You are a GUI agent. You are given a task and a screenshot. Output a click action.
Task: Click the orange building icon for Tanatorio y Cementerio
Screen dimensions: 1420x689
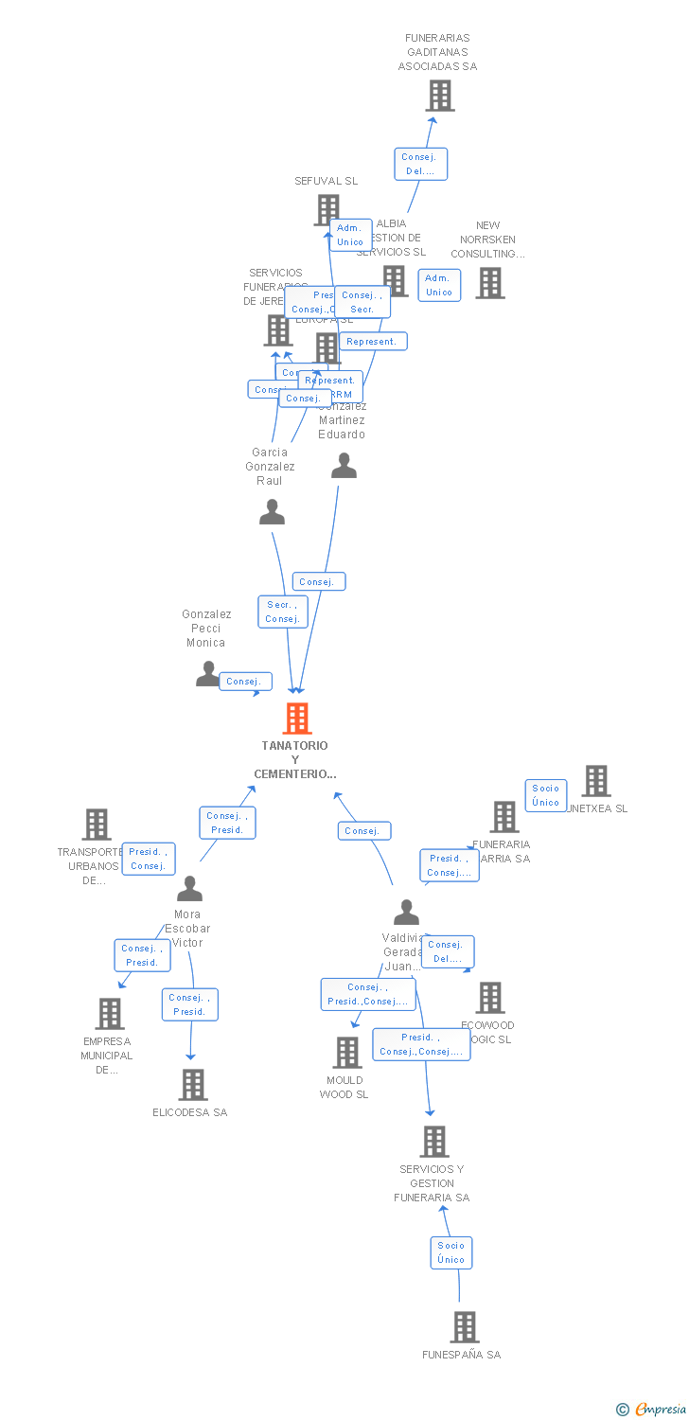coord(297,719)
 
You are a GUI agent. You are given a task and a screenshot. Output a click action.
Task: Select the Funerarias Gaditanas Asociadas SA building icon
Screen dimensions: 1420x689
coord(439,96)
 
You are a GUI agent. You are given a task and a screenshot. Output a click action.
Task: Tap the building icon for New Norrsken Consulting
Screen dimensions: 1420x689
coord(489,283)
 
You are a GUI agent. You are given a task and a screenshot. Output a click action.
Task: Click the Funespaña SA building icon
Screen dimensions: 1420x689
coord(464,1327)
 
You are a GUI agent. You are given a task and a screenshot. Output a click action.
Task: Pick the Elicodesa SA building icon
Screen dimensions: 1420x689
coord(192,1085)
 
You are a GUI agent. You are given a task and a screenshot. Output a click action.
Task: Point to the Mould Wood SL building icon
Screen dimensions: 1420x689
coord(347,1053)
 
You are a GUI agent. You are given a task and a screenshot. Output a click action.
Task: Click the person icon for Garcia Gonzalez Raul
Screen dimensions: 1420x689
coord(272,512)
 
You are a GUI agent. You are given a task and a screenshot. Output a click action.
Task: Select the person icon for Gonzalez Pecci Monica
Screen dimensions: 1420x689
coord(207,674)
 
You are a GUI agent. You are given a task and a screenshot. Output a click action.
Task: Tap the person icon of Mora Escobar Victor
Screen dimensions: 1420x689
coord(189,889)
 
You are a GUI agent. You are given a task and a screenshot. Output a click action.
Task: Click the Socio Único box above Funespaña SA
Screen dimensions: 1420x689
coord(451,1252)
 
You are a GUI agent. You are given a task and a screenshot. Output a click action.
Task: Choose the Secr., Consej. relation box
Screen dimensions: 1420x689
coord(282,612)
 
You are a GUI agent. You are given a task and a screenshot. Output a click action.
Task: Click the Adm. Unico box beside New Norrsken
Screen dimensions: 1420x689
coord(439,285)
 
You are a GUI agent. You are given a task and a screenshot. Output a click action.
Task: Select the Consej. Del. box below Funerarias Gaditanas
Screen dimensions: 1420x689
coord(420,164)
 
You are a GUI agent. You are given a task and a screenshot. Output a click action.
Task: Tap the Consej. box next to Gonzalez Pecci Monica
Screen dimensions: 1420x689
coord(245,682)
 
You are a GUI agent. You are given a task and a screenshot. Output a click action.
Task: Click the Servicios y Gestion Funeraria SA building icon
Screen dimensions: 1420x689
coord(434,1142)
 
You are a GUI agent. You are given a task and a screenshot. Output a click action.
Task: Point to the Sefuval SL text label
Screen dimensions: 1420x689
coord(326,181)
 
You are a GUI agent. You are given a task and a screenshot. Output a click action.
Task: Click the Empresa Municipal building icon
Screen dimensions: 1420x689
coord(109,1014)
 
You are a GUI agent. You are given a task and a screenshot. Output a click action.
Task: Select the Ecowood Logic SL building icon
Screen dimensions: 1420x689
coord(489,998)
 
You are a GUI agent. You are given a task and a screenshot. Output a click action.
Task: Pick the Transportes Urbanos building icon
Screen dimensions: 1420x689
coord(96,825)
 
